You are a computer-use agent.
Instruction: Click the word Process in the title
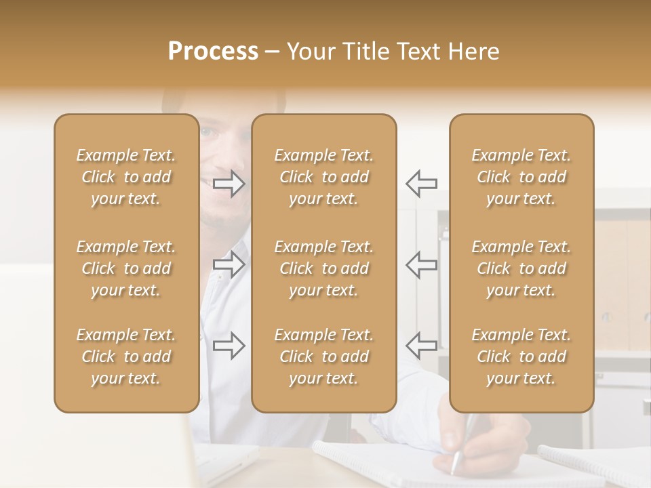coord(213,52)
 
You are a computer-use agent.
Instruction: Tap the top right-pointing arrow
coord(229,184)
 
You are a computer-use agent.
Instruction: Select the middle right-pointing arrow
coord(229,264)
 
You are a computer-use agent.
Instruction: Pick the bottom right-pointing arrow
coord(229,346)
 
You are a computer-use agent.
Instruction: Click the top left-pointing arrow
coord(421,184)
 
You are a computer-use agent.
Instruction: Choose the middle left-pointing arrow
coord(421,264)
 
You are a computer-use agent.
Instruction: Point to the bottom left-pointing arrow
coord(421,346)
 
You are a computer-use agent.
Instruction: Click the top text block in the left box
coord(126,177)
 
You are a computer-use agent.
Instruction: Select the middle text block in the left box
coord(126,268)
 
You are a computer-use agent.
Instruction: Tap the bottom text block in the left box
coord(126,357)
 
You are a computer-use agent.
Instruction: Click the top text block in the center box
coord(324,177)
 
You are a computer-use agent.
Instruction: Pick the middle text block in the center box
coord(324,268)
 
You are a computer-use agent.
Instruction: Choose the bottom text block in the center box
coord(324,357)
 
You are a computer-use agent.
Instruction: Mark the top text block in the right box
coord(521,177)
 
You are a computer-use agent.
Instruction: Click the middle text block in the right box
coord(521,268)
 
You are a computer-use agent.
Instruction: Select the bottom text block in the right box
coord(521,357)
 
